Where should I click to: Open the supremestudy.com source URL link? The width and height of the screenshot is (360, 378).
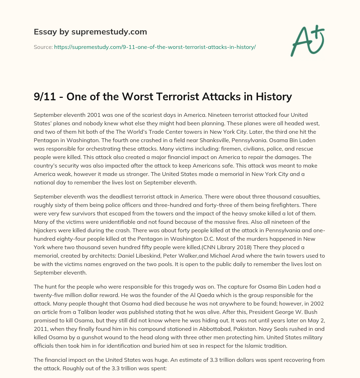click(x=155, y=47)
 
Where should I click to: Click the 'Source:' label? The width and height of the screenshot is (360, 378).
click(x=43, y=47)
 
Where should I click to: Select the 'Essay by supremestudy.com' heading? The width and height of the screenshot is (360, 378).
click(x=90, y=32)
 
